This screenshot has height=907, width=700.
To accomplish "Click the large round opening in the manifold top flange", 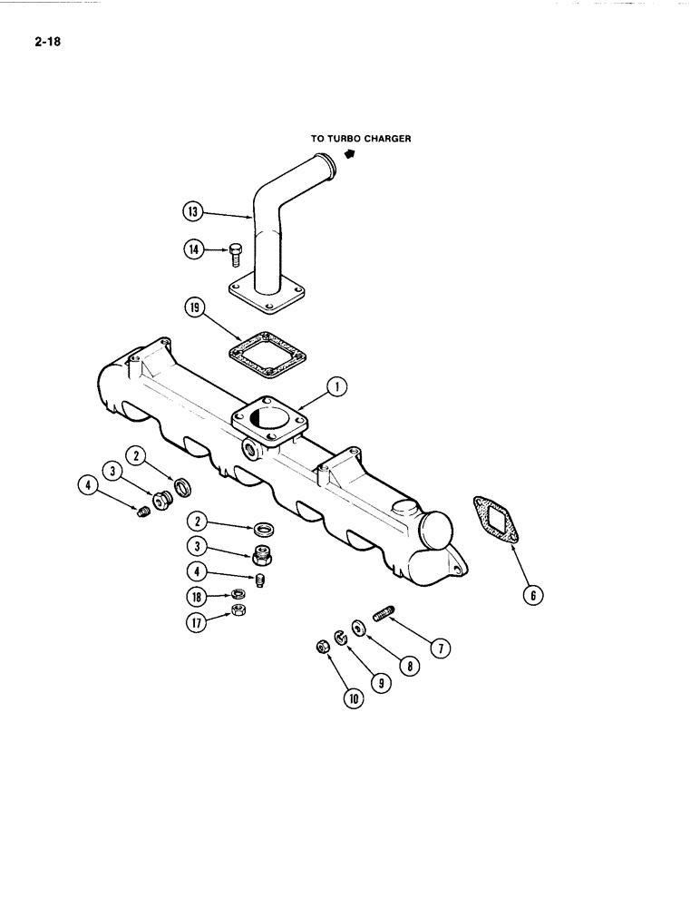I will click(268, 422).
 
